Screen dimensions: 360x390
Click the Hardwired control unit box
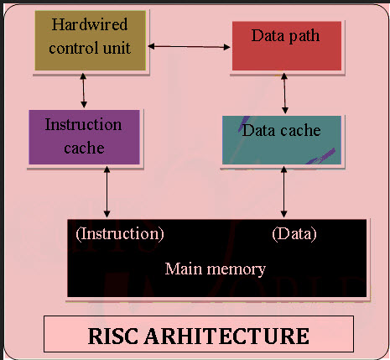[x=90, y=40]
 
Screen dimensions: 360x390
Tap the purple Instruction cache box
[x=84, y=136]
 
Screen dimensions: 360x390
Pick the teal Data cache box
[x=282, y=139]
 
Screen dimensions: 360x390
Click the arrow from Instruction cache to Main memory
[x=107, y=191]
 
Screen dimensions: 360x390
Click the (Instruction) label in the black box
[x=120, y=233]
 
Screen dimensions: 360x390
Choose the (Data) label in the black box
[x=294, y=233]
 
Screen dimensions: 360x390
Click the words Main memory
[x=216, y=269]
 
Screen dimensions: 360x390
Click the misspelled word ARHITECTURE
[x=228, y=336]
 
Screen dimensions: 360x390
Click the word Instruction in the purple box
[x=83, y=125]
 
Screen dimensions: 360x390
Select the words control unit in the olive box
[x=90, y=48]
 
